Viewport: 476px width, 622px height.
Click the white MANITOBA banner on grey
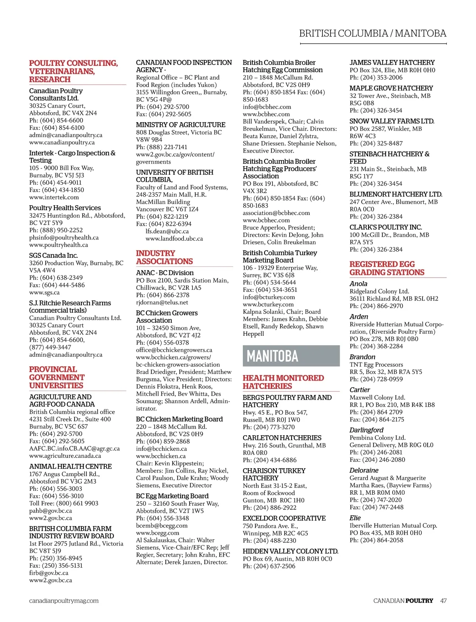pos(273,356)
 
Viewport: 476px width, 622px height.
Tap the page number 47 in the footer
pos(443,601)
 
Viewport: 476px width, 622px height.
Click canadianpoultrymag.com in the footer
pos(64,601)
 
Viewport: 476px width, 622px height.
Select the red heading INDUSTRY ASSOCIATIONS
pos(164,257)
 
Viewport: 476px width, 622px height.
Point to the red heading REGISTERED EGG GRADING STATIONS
pos(387,268)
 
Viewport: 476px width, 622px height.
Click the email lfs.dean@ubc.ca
pos(167,231)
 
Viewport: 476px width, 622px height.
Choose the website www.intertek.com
pos(54,197)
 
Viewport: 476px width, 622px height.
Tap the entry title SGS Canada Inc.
pos(54,255)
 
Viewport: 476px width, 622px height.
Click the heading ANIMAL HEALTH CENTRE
pos(71,466)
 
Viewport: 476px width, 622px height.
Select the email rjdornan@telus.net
pos(162,302)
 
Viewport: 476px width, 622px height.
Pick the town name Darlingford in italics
pos(366,430)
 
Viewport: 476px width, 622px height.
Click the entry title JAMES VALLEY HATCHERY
pos(392,62)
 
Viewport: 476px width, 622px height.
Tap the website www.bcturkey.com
pos(268,304)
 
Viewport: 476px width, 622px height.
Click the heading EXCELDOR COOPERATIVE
pos(284,518)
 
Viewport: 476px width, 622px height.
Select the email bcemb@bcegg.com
pos(162,526)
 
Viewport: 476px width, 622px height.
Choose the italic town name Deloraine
pos(364,470)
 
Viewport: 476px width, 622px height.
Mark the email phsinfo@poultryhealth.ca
pos(64,237)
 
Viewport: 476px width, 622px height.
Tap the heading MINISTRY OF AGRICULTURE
pos(180,124)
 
